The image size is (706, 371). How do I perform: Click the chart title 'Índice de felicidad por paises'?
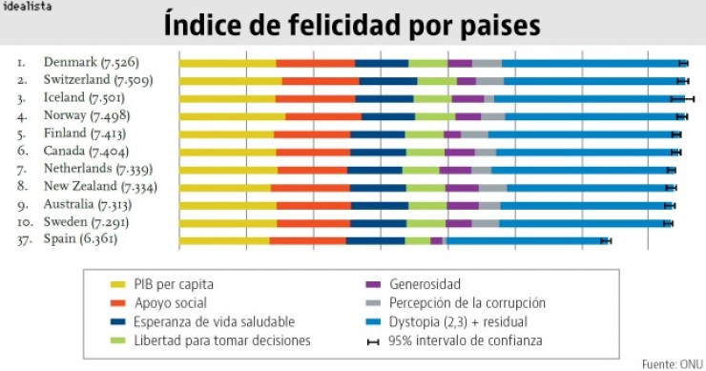[352, 24]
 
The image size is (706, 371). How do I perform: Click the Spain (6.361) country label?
[80, 240]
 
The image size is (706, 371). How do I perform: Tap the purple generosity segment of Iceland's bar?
[467, 98]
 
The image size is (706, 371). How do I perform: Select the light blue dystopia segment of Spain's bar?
[525, 240]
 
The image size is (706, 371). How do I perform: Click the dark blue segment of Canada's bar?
[378, 152]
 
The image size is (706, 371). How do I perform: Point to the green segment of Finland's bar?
[424, 134]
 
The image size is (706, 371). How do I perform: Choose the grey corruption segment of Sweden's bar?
[486, 223]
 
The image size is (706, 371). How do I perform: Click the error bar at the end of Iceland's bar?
[682, 98]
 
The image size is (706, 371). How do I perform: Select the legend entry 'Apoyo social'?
[168, 302]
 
